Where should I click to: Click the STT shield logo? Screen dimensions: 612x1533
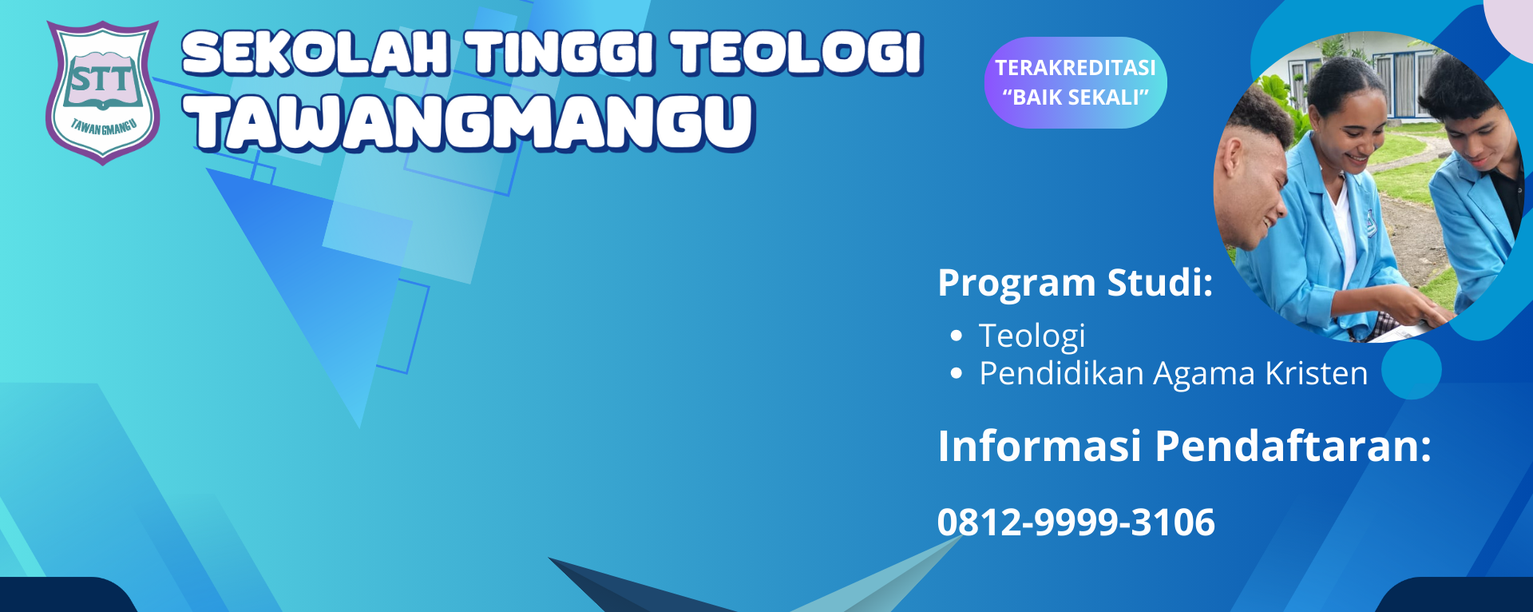click(102, 92)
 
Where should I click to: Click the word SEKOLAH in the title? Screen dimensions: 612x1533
click(316, 54)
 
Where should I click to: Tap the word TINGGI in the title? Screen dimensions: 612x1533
click(561, 54)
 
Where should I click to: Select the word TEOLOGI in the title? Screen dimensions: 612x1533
click(797, 54)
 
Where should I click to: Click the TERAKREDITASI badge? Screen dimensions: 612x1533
click(1075, 68)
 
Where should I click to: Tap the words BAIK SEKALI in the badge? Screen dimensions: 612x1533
click(1075, 97)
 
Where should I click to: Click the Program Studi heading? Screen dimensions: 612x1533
click(1075, 283)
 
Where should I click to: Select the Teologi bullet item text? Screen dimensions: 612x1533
click(1032, 336)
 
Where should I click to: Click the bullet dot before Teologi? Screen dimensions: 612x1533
click(957, 336)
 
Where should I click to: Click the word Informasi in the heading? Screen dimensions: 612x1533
click(1039, 446)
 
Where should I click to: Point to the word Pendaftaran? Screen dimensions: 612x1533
click(1293, 446)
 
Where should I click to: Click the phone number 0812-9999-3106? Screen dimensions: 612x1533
click(1075, 523)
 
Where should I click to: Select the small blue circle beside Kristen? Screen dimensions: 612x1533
click(1411, 369)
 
